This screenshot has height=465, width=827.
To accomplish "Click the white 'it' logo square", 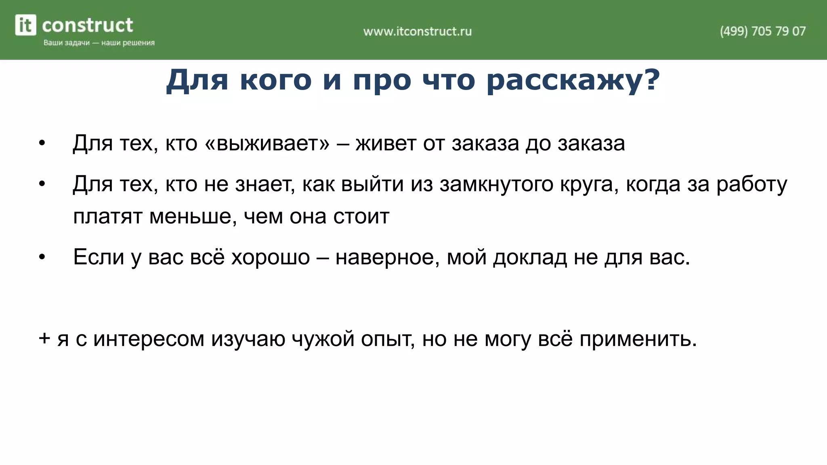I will (x=25, y=25).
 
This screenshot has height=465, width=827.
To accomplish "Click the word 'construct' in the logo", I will (x=87, y=25).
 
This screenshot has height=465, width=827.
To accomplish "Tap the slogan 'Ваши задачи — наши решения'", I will (x=99, y=43).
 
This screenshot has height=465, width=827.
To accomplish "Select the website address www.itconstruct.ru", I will (x=417, y=31).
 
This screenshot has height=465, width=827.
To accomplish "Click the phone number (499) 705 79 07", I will (x=762, y=31).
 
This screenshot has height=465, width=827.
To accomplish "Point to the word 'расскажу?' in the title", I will (x=573, y=80).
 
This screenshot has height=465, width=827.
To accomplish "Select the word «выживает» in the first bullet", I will (x=267, y=143).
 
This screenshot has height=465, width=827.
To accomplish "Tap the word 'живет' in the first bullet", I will (x=386, y=143).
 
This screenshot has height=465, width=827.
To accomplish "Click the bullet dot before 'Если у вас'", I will (x=42, y=257).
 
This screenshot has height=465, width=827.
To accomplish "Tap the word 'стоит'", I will (x=361, y=217).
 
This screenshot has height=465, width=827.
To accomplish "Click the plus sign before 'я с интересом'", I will (x=44, y=338).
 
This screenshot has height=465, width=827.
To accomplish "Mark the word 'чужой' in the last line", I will (x=323, y=339).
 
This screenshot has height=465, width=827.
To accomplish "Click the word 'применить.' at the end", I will (x=638, y=339).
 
